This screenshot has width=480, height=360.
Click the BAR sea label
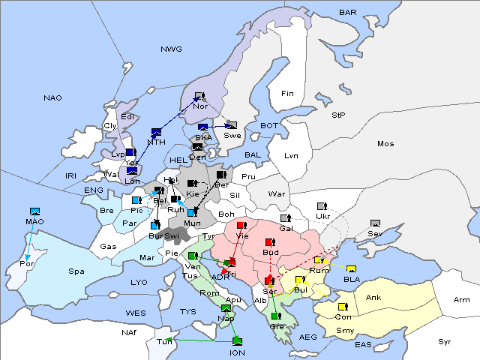click(348, 12)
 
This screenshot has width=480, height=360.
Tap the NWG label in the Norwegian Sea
click(171, 49)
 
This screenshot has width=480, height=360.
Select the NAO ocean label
click(53, 97)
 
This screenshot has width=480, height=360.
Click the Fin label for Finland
click(287, 94)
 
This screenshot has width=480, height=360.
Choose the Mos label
click(385, 143)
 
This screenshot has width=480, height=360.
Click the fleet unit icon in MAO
click(34, 212)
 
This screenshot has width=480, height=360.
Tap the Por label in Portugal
click(28, 264)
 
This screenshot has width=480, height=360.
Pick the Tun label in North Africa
click(164, 341)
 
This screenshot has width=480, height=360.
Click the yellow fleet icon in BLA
click(351, 269)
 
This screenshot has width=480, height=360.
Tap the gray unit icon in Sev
click(375, 223)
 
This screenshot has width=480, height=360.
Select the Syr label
click(445, 341)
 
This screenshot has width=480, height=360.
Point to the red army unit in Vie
click(241, 225)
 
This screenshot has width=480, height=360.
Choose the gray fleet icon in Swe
click(232, 125)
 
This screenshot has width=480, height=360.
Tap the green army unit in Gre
click(276, 316)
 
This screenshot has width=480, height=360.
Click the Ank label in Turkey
click(373, 298)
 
